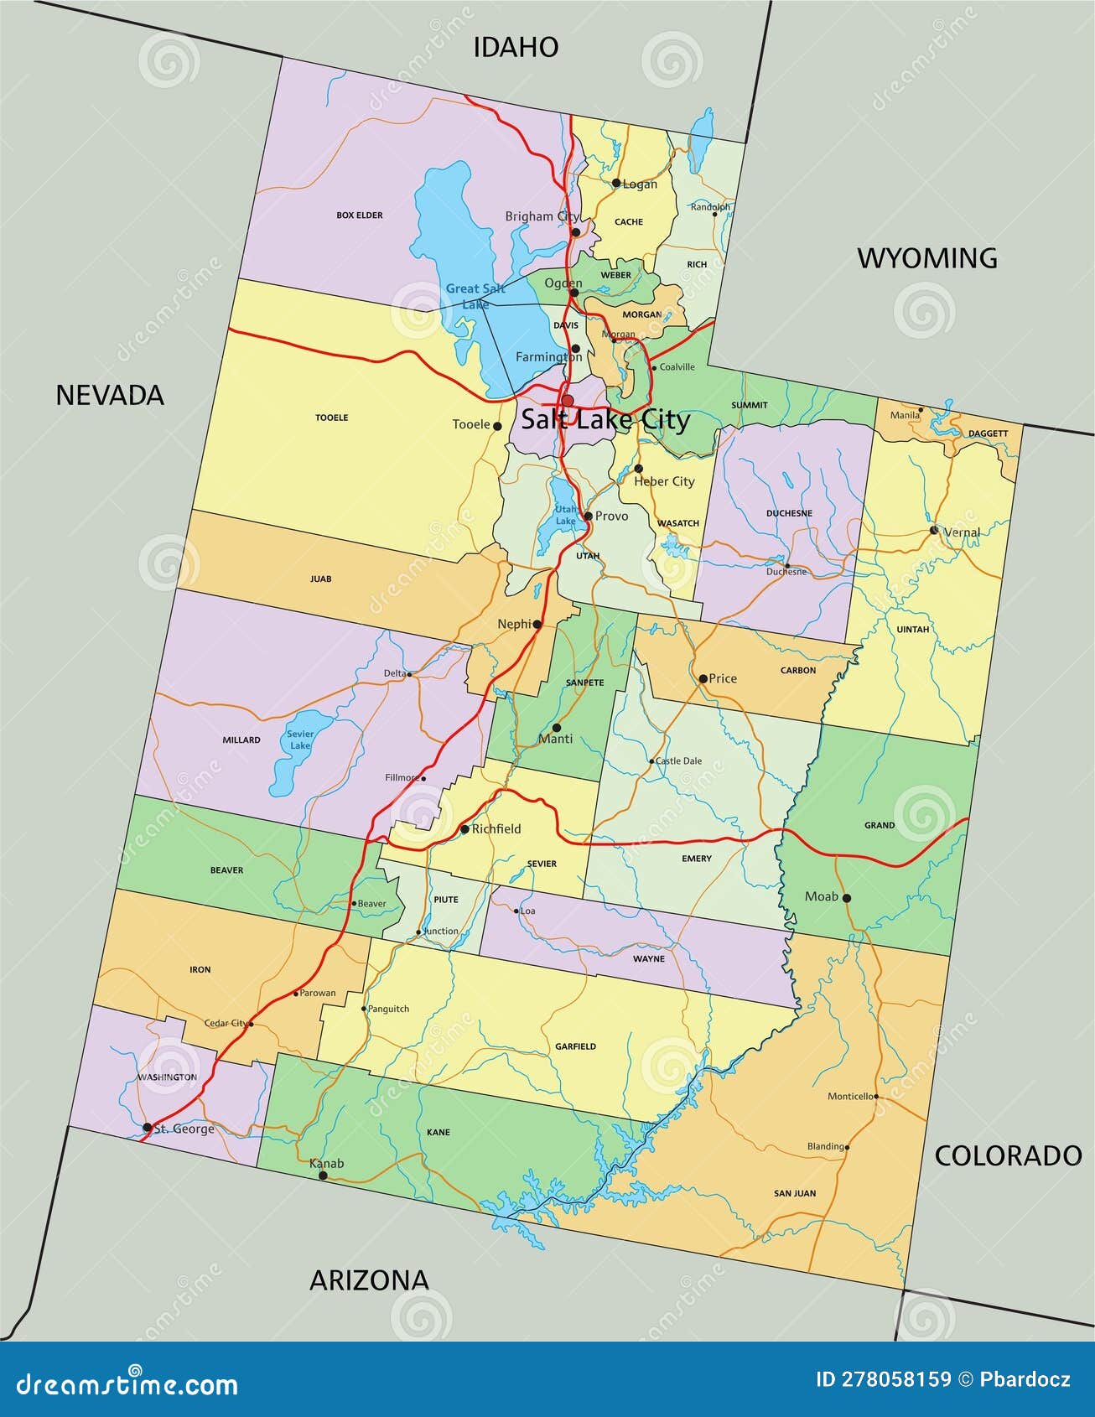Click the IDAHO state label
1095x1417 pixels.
point(516,47)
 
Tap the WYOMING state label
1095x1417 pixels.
point(926,258)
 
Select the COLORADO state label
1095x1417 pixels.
point(1008,1155)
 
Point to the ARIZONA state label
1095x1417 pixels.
point(369,1279)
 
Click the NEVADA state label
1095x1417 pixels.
point(110,395)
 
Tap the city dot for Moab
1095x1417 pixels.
point(847,898)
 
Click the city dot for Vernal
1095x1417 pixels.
point(934,530)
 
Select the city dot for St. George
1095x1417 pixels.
point(147,1128)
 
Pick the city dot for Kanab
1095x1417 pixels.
point(323,1176)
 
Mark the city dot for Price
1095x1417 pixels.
point(703,678)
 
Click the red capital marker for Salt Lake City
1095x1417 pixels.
point(568,400)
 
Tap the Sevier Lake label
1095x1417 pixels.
point(300,740)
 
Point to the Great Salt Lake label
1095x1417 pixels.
point(475,296)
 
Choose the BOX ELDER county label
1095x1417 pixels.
point(360,215)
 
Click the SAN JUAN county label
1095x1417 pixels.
point(795,1193)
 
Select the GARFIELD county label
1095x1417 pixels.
point(575,1046)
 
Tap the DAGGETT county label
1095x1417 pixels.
point(988,433)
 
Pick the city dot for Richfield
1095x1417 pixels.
point(464,829)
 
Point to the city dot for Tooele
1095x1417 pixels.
point(497,426)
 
